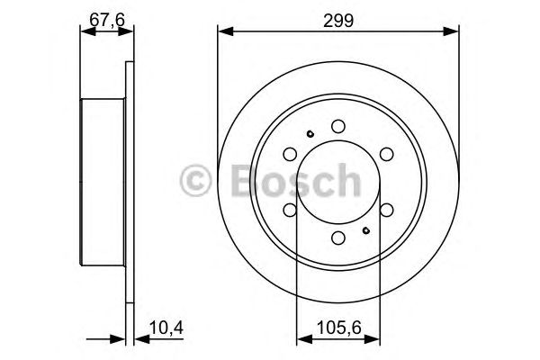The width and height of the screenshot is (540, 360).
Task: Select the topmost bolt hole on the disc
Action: click(337, 127)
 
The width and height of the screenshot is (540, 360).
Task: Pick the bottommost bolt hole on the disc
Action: click(337, 238)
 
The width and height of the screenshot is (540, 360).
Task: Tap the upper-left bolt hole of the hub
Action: click(290, 155)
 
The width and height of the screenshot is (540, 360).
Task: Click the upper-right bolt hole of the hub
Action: click(385, 155)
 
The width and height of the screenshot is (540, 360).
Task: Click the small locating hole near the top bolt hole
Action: click(310, 134)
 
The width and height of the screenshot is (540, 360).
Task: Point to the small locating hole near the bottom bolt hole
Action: click(365, 230)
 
